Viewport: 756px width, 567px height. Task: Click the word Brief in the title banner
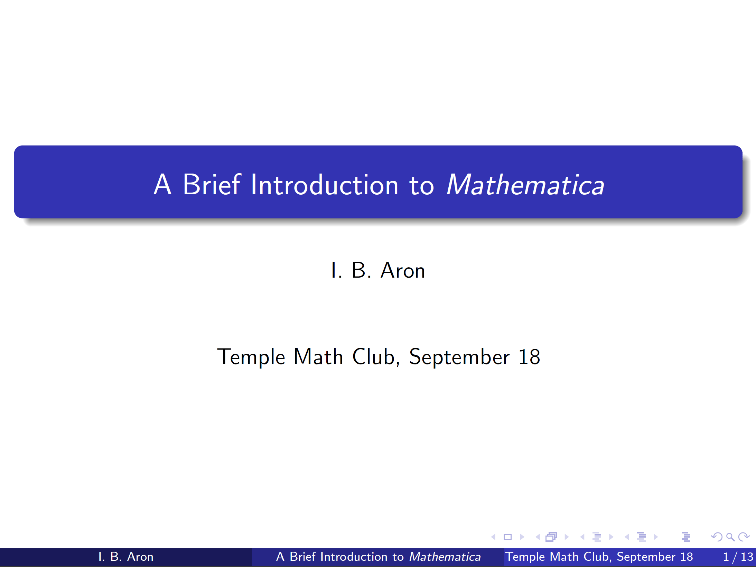point(212,185)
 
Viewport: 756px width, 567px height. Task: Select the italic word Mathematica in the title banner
point(525,185)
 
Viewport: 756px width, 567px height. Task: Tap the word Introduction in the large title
point(325,185)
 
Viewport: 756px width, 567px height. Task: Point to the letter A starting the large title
point(162,185)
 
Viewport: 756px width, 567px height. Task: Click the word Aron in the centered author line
point(403,270)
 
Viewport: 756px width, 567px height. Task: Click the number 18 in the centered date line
point(529,357)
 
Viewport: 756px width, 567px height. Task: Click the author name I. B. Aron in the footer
point(126,557)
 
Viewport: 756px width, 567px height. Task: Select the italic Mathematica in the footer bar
point(445,557)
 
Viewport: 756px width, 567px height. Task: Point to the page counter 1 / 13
point(738,557)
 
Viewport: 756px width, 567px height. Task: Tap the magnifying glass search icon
point(730,537)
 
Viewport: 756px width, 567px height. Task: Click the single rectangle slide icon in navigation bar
point(507,537)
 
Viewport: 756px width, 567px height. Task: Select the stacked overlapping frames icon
point(551,537)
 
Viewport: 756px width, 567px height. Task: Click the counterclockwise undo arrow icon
point(717,537)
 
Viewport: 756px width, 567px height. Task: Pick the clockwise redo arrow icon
point(744,537)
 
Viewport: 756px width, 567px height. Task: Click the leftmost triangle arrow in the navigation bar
point(493,537)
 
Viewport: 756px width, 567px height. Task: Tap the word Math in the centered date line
point(318,357)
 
